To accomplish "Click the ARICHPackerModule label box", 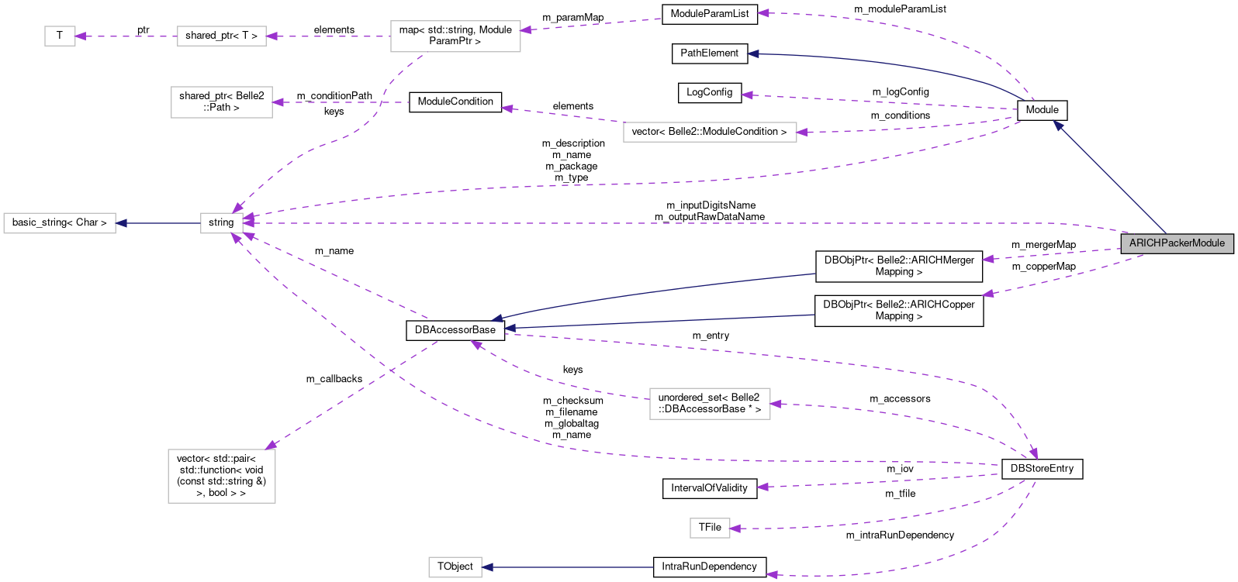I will coord(1177,243).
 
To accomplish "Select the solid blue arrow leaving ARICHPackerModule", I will coord(1109,177).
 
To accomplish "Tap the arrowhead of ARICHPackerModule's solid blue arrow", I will coord(1057,125).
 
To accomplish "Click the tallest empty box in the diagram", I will coord(222,476).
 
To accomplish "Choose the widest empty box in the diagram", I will coord(710,133).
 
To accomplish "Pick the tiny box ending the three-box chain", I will coord(60,36).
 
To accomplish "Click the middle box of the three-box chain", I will coord(222,36).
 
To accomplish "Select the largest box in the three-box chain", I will coord(455,36).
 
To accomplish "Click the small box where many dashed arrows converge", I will coord(221,223).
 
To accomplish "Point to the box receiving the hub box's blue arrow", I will coord(60,223).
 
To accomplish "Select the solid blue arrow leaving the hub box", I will coord(158,223).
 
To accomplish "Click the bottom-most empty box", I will coord(455,567).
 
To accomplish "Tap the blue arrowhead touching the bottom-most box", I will coord(487,567).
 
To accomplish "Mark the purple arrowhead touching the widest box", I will coord(802,133).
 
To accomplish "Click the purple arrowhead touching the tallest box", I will coord(271,445).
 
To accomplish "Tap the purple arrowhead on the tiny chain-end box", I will coord(80,36).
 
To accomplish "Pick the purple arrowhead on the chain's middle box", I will coord(271,36).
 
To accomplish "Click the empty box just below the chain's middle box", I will coord(222,102).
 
